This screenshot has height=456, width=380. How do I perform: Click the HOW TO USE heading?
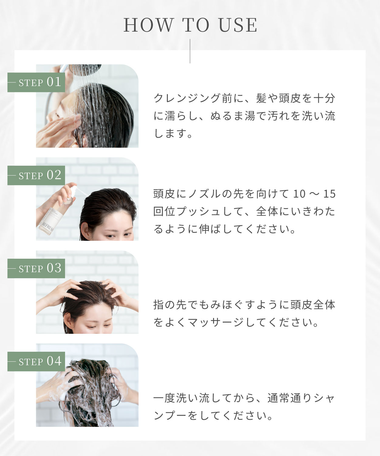pyautogui.click(x=190, y=25)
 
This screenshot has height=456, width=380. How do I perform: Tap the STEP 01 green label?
pyautogui.click(x=36, y=82)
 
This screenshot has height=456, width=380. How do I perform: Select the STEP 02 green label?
pyautogui.click(x=36, y=175)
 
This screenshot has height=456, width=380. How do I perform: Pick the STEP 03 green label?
pyautogui.click(x=36, y=268)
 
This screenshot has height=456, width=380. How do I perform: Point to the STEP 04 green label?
pyautogui.click(x=36, y=361)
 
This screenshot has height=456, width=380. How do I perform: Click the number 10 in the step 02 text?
pyautogui.click(x=299, y=194)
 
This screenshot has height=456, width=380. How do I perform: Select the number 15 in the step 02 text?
pyautogui.click(x=329, y=194)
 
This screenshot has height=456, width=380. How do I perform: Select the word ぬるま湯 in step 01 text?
pyautogui.click(x=233, y=116)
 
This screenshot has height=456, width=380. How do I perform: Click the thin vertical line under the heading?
pyautogui.click(x=190, y=51)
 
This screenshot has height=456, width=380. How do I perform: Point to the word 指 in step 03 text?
pyautogui.click(x=159, y=305)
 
